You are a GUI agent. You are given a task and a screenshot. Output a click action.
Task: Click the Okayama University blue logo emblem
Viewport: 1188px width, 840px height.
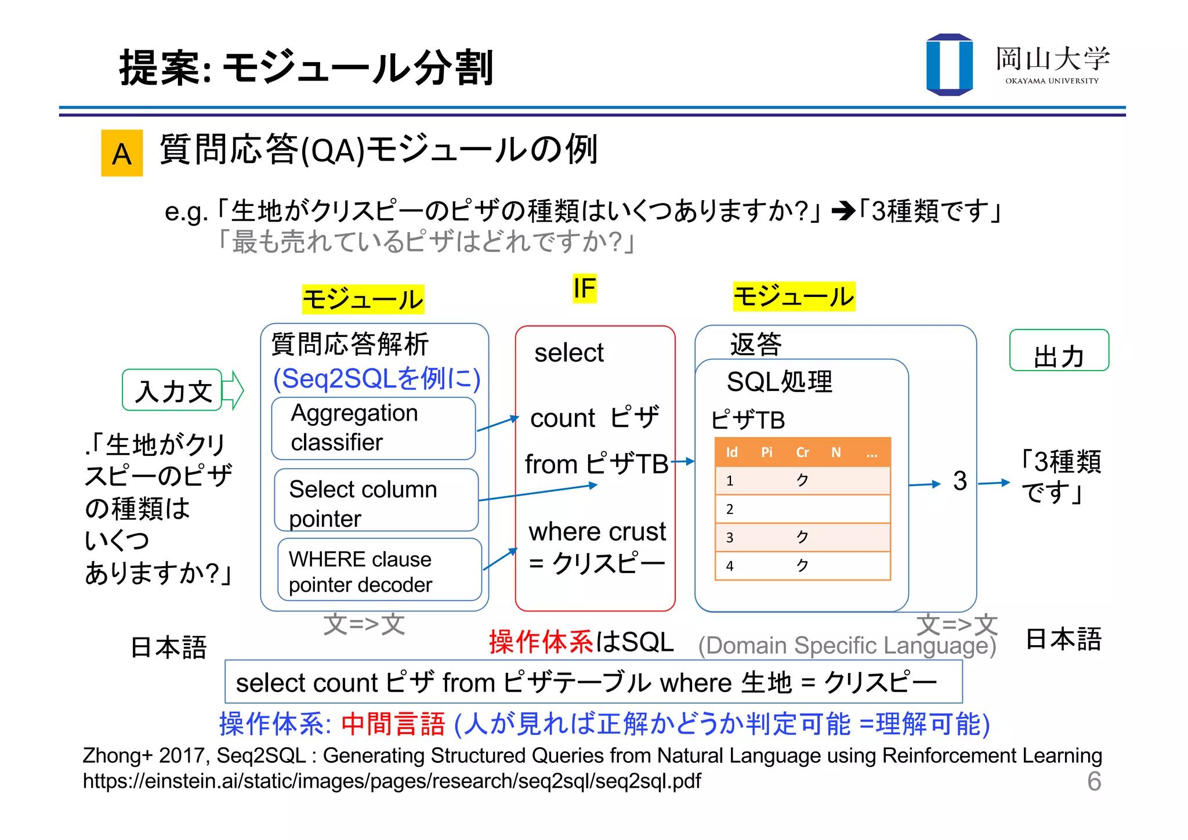pos(949,64)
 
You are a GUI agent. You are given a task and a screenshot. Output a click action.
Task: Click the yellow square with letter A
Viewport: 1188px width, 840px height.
pos(122,153)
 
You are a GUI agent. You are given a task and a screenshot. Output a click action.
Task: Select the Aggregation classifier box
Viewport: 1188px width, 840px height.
pos(373,428)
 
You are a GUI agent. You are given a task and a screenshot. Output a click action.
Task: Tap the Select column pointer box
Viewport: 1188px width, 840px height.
pos(376,500)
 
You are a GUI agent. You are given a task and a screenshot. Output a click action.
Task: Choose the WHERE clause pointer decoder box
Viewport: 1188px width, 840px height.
pos(379,570)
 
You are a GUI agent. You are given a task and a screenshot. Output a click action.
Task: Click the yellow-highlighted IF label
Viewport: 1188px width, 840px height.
pos(584,288)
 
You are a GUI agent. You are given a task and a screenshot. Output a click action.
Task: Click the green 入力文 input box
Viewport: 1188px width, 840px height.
pos(172,390)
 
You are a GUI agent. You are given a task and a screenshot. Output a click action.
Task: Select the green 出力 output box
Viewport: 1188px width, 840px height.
pos(1059,351)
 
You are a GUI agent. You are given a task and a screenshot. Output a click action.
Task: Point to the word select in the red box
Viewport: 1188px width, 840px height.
pos(568,353)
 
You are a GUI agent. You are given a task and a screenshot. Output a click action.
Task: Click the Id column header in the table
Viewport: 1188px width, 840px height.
pos(731,452)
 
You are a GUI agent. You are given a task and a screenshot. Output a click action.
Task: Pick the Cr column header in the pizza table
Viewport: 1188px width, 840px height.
pos(802,452)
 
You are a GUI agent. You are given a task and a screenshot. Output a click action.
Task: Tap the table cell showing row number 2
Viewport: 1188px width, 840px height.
pos(730,509)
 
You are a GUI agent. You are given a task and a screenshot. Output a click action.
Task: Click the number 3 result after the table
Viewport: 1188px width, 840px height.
pos(960,481)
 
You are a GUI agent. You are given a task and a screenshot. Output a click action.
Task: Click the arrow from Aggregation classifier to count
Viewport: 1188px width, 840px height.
pos(497,423)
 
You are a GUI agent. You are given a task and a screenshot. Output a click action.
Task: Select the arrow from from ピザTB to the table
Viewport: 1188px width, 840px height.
pos(682,462)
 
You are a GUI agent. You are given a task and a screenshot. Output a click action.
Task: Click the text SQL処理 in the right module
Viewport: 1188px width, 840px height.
pos(779,382)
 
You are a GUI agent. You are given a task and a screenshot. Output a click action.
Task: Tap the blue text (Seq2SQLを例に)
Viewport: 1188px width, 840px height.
pos(376,379)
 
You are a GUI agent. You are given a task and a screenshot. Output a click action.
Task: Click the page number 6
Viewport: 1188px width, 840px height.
pos(1094,781)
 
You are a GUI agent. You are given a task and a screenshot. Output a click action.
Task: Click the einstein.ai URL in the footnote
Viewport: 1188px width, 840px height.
pos(392,781)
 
